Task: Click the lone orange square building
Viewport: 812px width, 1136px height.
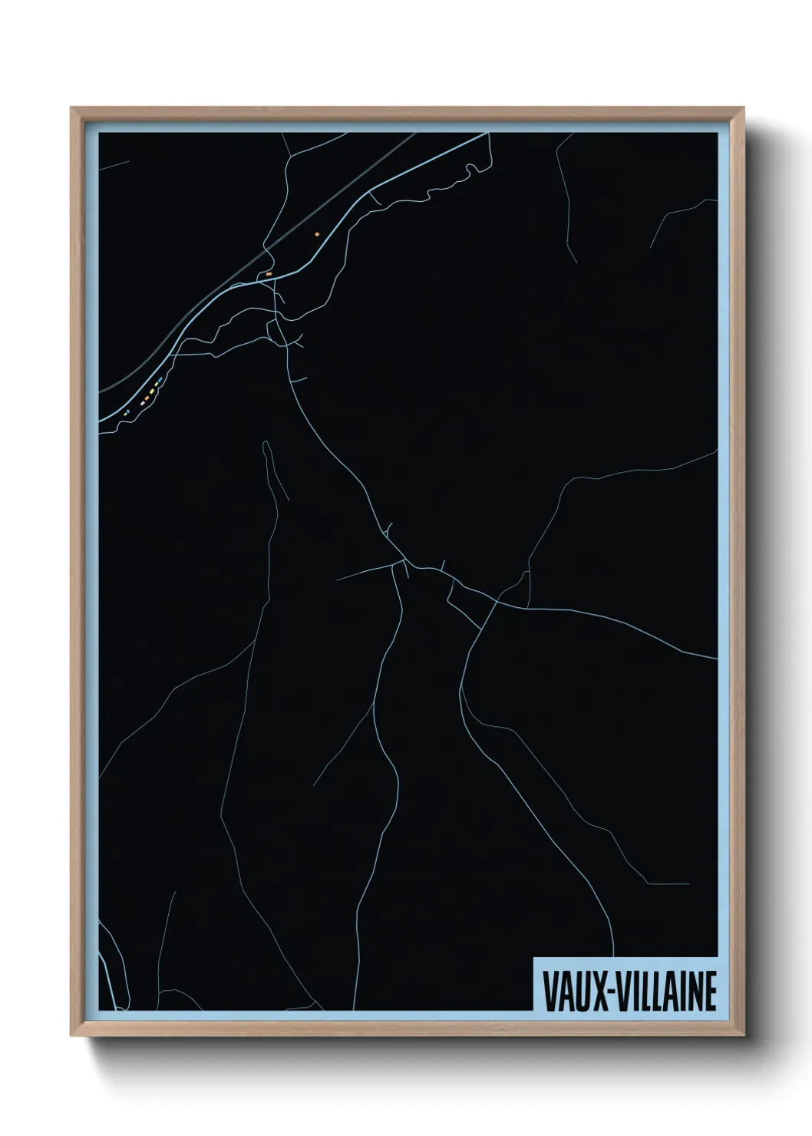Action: (316, 233)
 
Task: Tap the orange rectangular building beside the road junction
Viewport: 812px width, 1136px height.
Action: (269, 273)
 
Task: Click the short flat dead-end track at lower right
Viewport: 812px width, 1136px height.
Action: (668, 884)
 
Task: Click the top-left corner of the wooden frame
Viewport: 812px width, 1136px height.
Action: (72, 109)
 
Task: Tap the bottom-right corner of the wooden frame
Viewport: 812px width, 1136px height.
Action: (742, 1035)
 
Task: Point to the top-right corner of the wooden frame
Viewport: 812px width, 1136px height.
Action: (742, 109)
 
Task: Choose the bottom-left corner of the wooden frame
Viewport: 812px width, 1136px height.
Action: (72, 1035)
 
